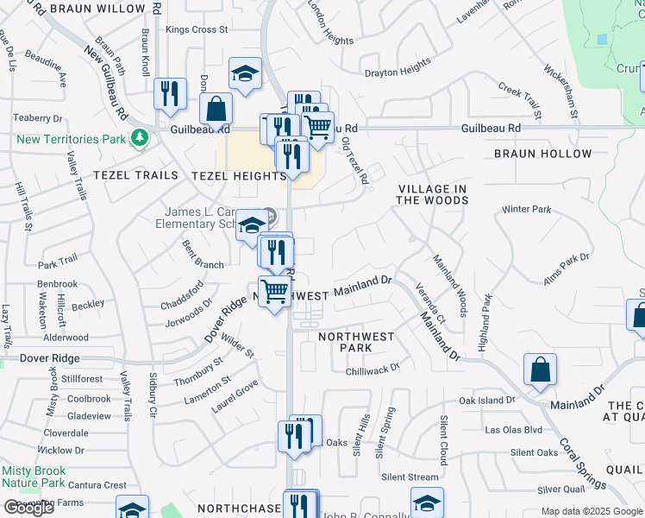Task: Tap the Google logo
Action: click(x=28, y=508)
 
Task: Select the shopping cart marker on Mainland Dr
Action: click(x=275, y=292)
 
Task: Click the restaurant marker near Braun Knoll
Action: click(x=170, y=92)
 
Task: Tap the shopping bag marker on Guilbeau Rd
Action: click(x=216, y=109)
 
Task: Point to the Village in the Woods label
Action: click(x=432, y=194)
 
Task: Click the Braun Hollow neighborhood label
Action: click(x=542, y=154)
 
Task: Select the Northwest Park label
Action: click(x=356, y=342)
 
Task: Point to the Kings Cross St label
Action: click(x=197, y=29)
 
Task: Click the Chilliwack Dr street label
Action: click(x=373, y=368)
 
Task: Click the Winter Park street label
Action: click(x=526, y=209)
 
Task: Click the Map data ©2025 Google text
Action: click(x=592, y=511)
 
